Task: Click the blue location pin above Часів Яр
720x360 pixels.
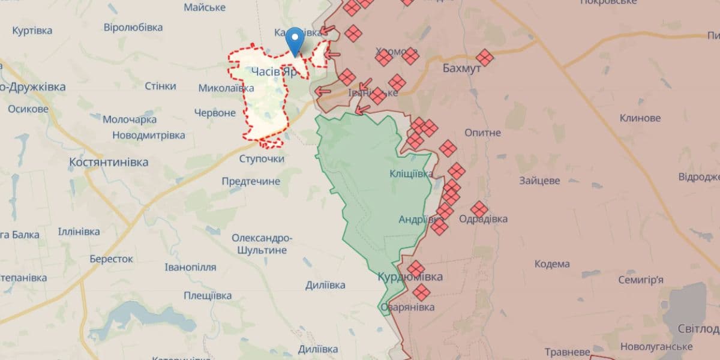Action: coord(295,40)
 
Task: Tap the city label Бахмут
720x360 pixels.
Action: coord(461,68)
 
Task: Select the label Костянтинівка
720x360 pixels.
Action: coord(109,162)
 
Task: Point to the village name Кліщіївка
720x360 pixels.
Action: coord(411,174)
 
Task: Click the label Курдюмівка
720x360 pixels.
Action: coord(410,277)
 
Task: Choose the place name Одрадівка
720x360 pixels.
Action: coord(483,219)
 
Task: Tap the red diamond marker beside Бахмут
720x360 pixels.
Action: coord(485,58)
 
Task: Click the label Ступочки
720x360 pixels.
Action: coord(262,159)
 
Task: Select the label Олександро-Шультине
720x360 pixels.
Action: coord(262,244)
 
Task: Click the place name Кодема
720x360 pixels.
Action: coord(552,264)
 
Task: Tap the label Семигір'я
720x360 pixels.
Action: coord(641,280)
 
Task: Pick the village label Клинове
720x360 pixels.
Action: coord(640,118)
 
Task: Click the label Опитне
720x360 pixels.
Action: coord(482,132)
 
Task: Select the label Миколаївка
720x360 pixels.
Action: coord(226,88)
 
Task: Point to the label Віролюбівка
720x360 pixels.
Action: coord(133,28)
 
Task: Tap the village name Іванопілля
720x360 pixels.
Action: coord(191,268)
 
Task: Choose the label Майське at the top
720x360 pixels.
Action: coord(205,7)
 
